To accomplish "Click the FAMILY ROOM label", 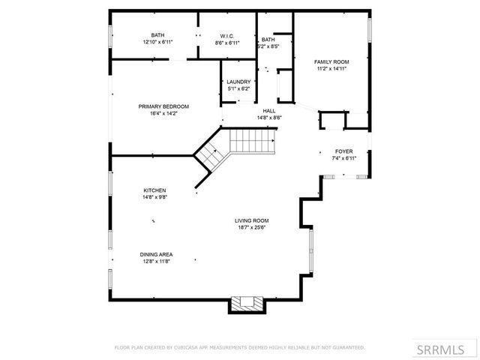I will tap(331, 61).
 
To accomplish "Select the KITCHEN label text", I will tap(155, 190).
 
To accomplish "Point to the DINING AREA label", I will tap(156, 254).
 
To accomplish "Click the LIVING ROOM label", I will tap(252, 220).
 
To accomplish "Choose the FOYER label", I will tap(343, 151).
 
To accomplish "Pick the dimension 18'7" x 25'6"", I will tap(252, 227).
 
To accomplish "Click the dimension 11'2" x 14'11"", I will tap(331, 68).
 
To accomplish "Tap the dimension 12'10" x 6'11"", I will tap(157, 42).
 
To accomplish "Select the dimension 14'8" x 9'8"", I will tap(155, 197).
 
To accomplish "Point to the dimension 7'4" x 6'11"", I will tap(343, 158).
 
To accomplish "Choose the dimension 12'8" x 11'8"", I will tap(156, 261).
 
